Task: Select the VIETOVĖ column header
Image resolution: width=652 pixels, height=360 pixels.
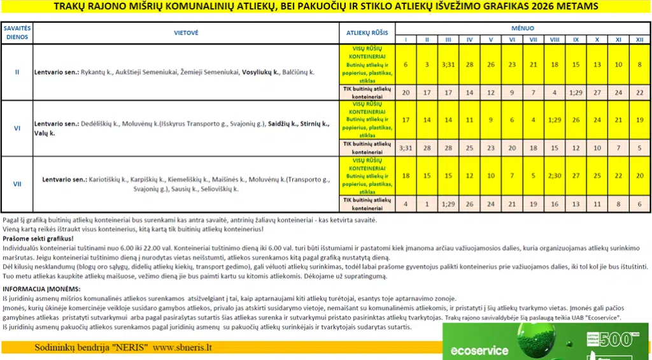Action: [x=186, y=32]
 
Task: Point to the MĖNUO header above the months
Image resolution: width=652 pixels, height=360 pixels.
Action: [x=523, y=28]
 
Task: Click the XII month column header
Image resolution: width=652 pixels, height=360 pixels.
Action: [x=639, y=40]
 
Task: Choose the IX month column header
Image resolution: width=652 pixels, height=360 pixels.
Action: [x=576, y=40]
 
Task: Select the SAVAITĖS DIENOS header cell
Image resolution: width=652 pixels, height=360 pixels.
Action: [x=17, y=32]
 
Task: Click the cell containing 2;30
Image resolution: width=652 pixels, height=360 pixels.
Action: [x=555, y=175]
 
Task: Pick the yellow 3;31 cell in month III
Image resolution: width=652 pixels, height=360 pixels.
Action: [x=448, y=65]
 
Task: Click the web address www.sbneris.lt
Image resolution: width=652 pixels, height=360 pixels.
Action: [x=183, y=349]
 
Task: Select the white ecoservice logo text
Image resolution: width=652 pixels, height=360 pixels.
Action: [x=479, y=350]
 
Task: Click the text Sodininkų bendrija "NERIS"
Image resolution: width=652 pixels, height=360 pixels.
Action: [x=91, y=349]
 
